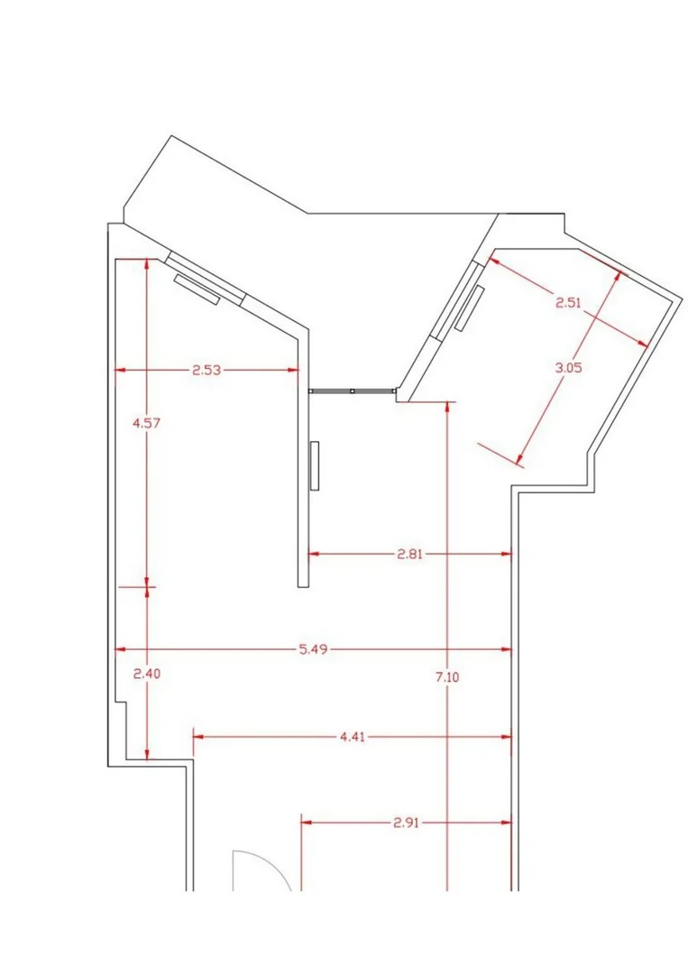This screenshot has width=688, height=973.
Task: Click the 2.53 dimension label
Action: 206,371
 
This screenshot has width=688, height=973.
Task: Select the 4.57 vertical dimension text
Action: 147,423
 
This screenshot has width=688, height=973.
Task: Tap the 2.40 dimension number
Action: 147,674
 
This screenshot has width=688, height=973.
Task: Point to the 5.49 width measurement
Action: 313,649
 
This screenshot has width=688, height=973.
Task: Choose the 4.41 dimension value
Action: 353,737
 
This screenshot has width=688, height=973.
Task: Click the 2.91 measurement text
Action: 406,822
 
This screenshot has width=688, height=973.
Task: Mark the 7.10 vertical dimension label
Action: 447,677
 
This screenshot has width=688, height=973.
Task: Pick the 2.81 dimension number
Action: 409,554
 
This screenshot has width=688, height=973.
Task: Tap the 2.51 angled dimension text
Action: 568,303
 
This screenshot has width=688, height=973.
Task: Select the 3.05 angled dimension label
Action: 568,367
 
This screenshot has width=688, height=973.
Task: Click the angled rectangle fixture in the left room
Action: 197,289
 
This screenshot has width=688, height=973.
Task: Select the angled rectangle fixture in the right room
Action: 469,308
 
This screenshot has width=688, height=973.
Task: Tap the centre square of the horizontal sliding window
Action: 353,391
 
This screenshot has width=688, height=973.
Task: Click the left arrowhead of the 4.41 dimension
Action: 198,737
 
